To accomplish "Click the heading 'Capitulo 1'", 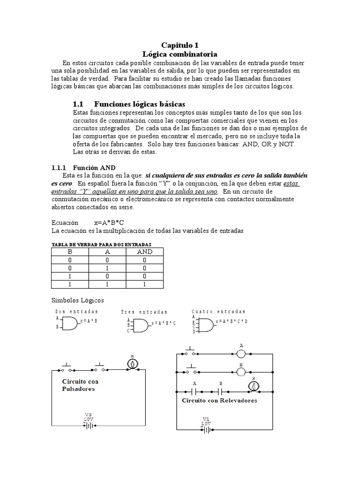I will tap(180, 45).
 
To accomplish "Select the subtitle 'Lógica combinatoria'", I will tap(180, 54).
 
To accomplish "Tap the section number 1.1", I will tap(78, 104).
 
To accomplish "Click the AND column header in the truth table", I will tap(144, 252).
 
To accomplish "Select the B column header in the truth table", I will tap(69, 252).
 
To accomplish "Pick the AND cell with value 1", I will tap(144, 284).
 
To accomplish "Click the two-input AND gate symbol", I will tap(70, 322).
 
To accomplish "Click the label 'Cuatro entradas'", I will tap(218, 311).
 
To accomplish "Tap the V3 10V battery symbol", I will tap(89, 425).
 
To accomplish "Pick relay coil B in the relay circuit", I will tap(241, 371).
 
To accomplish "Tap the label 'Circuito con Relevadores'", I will tap(219, 401).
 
